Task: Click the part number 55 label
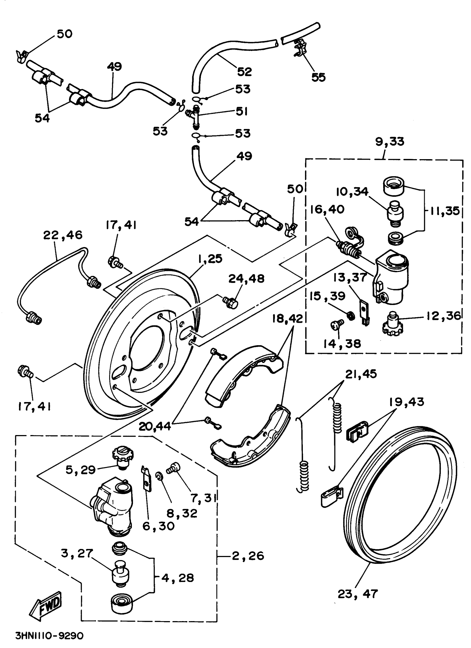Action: [x=318, y=77]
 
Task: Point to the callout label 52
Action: [x=244, y=72]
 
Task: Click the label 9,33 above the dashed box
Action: [x=390, y=141]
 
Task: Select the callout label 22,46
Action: [x=63, y=235]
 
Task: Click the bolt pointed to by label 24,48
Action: [x=230, y=302]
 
